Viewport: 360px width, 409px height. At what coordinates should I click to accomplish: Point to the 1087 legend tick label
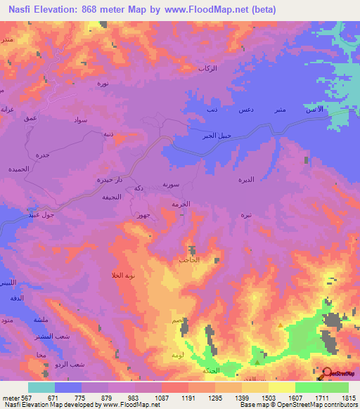pos(161,398)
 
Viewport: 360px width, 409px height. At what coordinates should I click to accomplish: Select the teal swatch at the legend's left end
pos(41,387)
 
